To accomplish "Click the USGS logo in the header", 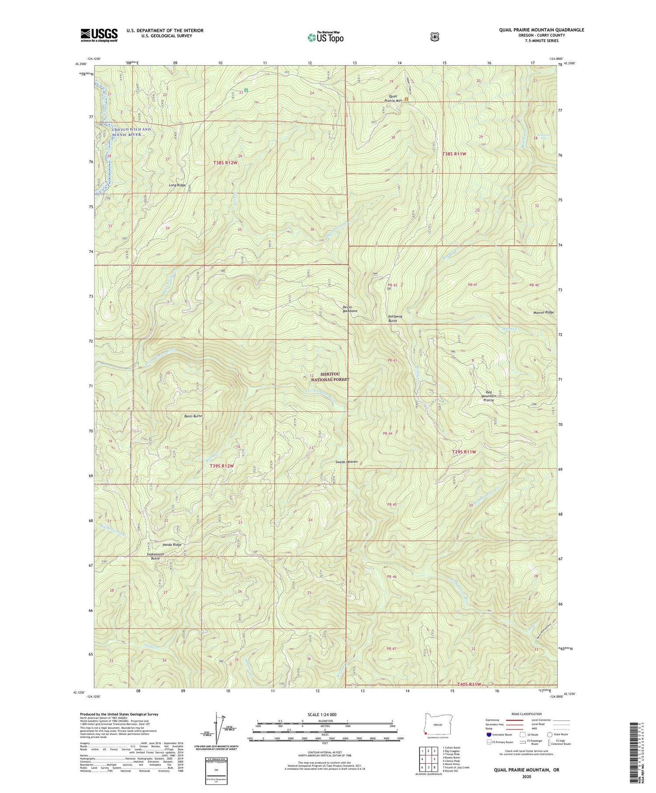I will click(x=99, y=35).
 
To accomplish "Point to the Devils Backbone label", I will click(x=349, y=309).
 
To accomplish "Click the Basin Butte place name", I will click(x=193, y=416).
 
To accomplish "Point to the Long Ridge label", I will click(x=177, y=185).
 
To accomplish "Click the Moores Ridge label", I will click(x=544, y=312).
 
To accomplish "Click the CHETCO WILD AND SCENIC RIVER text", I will click(x=131, y=132).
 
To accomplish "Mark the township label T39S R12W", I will click(x=220, y=466).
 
